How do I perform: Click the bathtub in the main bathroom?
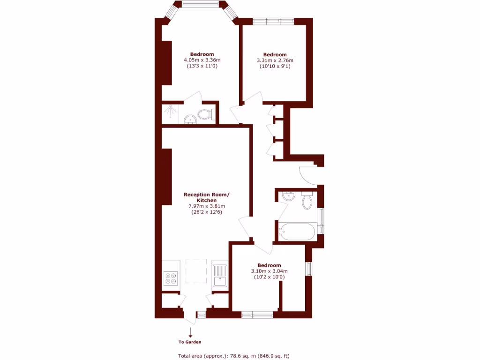(x=298, y=232)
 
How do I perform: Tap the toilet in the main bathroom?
(x=307, y=201)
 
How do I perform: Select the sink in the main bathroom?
(x=289, y=196)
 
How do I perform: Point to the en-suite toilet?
(x=205, y=114)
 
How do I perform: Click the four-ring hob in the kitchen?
(x=170, y=278)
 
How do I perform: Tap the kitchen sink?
(x=219, y=276)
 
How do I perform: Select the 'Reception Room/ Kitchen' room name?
(x=207, y=197)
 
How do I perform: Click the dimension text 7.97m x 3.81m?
(x=207, y=206)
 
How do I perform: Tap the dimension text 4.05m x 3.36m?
(x=202, y=60)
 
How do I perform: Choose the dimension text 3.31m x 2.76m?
(x=275, y=60)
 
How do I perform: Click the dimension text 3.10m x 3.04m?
(x=269, y=271)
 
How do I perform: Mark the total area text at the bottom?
(x=237, y=355)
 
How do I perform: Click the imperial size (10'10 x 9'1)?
(x=275, y=67)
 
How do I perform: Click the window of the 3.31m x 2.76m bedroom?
(x=273, y=21)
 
